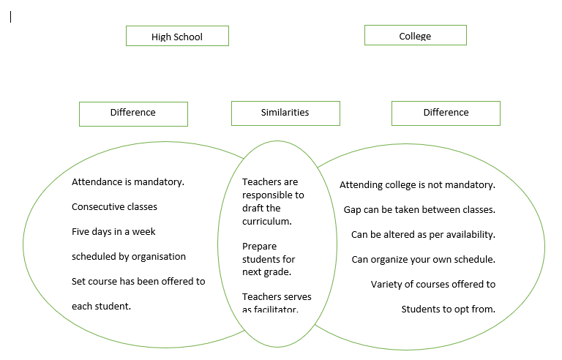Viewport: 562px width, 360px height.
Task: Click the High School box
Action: [x=177, y=36]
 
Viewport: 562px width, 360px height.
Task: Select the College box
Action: [x=415, y=35]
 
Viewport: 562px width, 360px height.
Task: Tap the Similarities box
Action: [x=285, y=113]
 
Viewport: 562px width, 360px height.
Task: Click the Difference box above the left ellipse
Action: [x=133, y=113]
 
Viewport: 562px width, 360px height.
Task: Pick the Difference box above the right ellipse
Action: [x=446, y=113]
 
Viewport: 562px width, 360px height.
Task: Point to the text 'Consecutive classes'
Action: [x=114, y=207]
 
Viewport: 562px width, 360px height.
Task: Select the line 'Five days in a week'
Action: [x=113, y=232]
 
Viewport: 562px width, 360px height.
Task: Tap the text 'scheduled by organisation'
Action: [x=129, y=257]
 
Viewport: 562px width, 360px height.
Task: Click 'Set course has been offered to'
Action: [x=138, y=281]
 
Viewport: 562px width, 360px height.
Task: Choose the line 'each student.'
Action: [x=101, y=306]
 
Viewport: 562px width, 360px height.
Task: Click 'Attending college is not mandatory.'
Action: [x=417, y=185]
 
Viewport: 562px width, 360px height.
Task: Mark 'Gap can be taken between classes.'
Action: [x=419, y=210]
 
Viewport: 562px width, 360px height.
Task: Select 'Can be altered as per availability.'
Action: [x=423, y=235]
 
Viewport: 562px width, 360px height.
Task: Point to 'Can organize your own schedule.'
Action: [x=423, y=260]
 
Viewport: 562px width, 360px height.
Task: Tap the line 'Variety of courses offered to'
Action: [x=432, y=284]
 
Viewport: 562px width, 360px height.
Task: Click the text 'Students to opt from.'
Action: [x=448, y=309]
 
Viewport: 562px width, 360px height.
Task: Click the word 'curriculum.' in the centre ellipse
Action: [x=267, y=222]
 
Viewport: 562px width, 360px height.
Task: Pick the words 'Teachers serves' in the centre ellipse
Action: [x=277, y=297]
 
